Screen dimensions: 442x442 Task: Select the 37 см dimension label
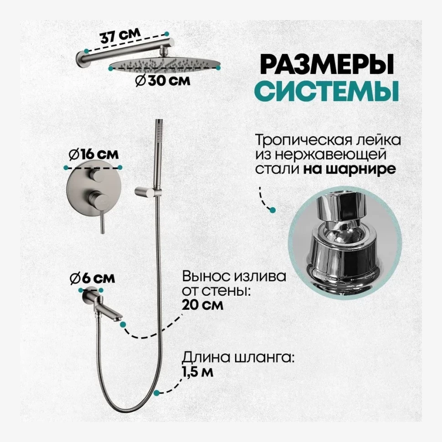pos(115,36)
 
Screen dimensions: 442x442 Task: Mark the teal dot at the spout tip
pos(123,324)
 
